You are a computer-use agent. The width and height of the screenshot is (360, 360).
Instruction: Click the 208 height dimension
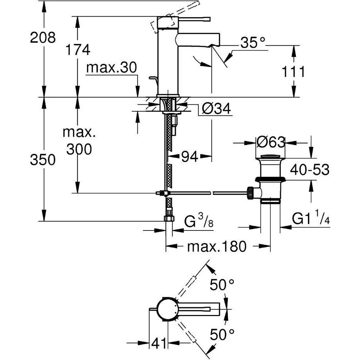point(43,38)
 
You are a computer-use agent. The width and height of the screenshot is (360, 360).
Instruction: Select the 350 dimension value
point(43,160)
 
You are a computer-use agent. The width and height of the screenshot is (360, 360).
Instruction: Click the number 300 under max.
point(79,149)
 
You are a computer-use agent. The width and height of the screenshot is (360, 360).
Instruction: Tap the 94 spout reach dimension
point(190,156)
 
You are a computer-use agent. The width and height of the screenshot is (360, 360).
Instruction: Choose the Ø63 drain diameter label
point(271,142)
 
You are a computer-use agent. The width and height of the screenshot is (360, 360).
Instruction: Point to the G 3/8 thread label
point(198,222)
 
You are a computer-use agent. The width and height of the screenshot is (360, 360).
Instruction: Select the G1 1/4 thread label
point(311,220)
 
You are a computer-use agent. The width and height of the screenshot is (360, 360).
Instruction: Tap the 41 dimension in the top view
point(159,343)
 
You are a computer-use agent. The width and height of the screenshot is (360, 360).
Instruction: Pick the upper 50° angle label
point(222,285)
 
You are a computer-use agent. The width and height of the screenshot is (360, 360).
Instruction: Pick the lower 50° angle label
point(222,334)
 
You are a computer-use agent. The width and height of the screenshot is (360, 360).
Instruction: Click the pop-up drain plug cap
point(271,157)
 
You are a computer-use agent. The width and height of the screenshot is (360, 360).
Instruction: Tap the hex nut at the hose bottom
point(168,218)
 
